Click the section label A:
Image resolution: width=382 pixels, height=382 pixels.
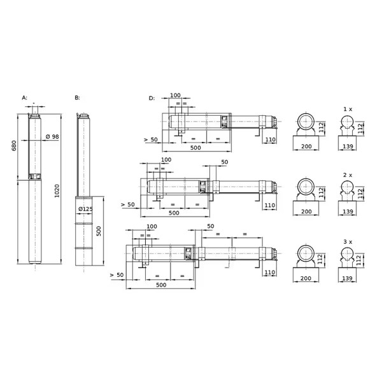25,97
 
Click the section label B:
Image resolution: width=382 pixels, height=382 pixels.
77,97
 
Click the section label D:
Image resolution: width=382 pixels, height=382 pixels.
152,98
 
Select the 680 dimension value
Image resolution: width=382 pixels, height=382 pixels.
14,145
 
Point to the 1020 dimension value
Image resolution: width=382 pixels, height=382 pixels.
57,191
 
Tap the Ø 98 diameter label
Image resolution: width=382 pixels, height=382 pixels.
52,137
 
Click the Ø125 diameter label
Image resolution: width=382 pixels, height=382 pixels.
85,209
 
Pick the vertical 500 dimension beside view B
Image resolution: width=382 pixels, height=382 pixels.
99,231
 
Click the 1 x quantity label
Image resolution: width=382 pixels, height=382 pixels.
348,109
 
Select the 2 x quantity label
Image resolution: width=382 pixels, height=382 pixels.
348,175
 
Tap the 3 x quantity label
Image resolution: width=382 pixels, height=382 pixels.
348,242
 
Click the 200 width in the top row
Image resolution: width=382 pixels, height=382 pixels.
306,146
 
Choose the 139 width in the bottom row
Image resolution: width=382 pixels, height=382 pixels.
348,278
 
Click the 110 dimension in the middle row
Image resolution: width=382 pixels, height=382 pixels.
270,206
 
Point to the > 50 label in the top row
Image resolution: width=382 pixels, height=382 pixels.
151,139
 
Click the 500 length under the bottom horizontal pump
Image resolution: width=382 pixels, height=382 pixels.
161,285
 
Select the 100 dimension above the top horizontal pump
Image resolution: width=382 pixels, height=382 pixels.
176,95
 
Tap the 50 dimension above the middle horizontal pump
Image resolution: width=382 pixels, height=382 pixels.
225,162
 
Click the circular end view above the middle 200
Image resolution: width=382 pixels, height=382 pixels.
306,187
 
